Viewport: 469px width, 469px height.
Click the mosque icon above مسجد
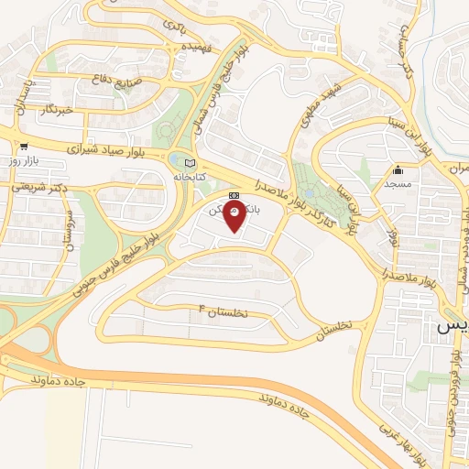tap(398, 170)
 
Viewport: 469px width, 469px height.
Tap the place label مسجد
tap(398, 184)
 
